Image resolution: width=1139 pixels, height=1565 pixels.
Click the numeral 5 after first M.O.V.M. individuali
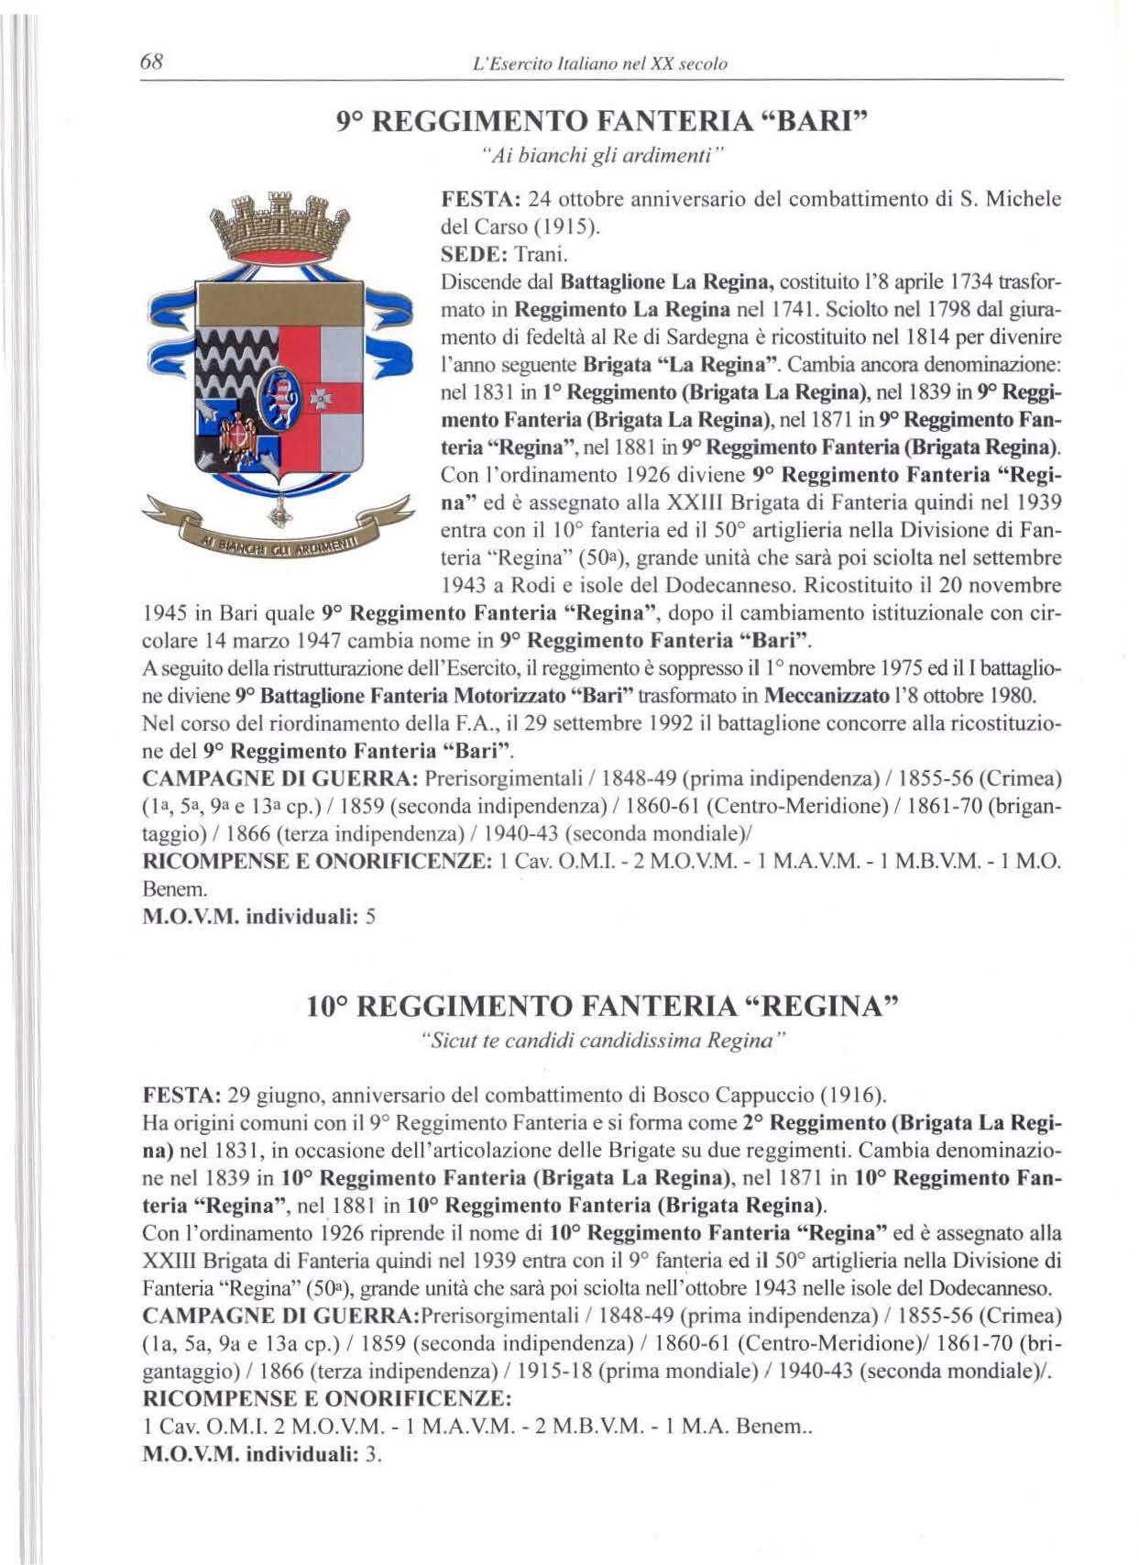[x=370, y=916]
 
